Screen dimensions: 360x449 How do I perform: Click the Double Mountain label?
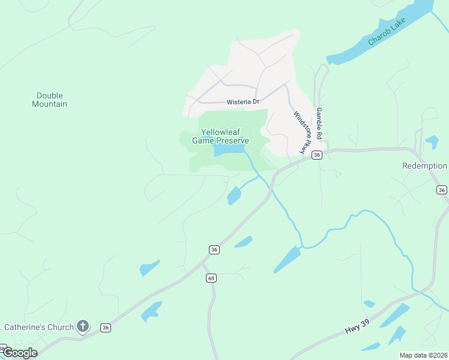49,100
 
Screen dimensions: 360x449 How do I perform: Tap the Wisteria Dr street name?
243,102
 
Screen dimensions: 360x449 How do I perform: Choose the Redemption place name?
424,166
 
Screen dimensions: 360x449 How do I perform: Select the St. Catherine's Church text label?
37,327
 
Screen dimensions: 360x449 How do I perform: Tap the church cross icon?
83,327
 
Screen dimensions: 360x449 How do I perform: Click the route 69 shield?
211,278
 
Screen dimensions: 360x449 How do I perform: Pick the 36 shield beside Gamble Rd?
317,155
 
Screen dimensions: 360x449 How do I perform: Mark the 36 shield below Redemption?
442,190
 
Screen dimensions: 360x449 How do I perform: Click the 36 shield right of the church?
106,328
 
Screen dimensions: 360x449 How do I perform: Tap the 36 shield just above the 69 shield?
214,249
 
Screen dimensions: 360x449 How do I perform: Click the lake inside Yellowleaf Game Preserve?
228,149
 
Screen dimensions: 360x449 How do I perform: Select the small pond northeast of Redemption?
432,142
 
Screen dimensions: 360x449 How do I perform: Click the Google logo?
19,353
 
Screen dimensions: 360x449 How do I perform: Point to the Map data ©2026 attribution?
423,355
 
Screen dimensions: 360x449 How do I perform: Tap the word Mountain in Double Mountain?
49,104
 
